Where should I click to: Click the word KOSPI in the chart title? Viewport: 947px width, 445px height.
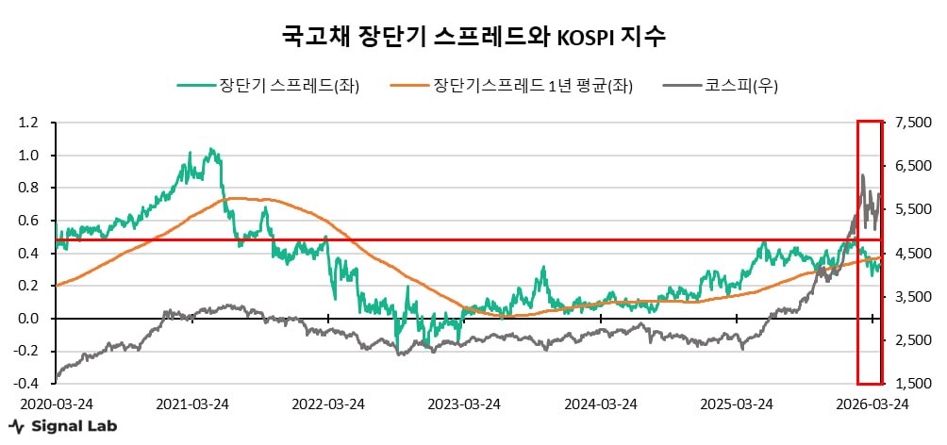pyautogui.click(x=585, y=38)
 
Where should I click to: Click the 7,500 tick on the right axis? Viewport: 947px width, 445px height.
pyautogui.click(x=909, y=123)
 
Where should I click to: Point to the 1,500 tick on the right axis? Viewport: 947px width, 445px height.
pyautogui.click(x=909, y=384)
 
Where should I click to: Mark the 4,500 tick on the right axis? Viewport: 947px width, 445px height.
pyautogui.click(x=909, y=254)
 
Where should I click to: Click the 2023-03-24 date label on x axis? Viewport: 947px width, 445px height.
pyautogui.click(x=464, y=404)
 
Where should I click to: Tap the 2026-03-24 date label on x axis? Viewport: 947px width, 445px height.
pyautogui.click(x=872, y=404)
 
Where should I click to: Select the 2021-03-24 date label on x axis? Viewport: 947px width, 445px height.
pyautogui.click(x=192, y=404)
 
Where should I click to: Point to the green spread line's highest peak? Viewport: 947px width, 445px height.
pyautogui.click(x=209, y=148)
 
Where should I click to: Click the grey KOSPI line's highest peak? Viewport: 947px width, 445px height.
pyautogui.click(x=861, y=174)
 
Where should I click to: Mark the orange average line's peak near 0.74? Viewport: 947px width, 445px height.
pyautogui.click(x=236, y=198)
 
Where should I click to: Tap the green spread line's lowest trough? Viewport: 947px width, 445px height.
pyautogui.click(x=397, y=353)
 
